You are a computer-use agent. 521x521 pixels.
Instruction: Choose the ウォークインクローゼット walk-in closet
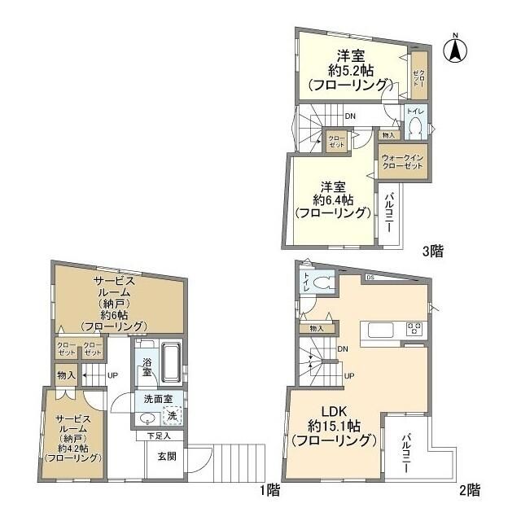[402, 160]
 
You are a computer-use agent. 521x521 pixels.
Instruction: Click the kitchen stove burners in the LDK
[414, 330]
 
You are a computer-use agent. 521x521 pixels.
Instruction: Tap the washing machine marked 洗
[171, 416]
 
